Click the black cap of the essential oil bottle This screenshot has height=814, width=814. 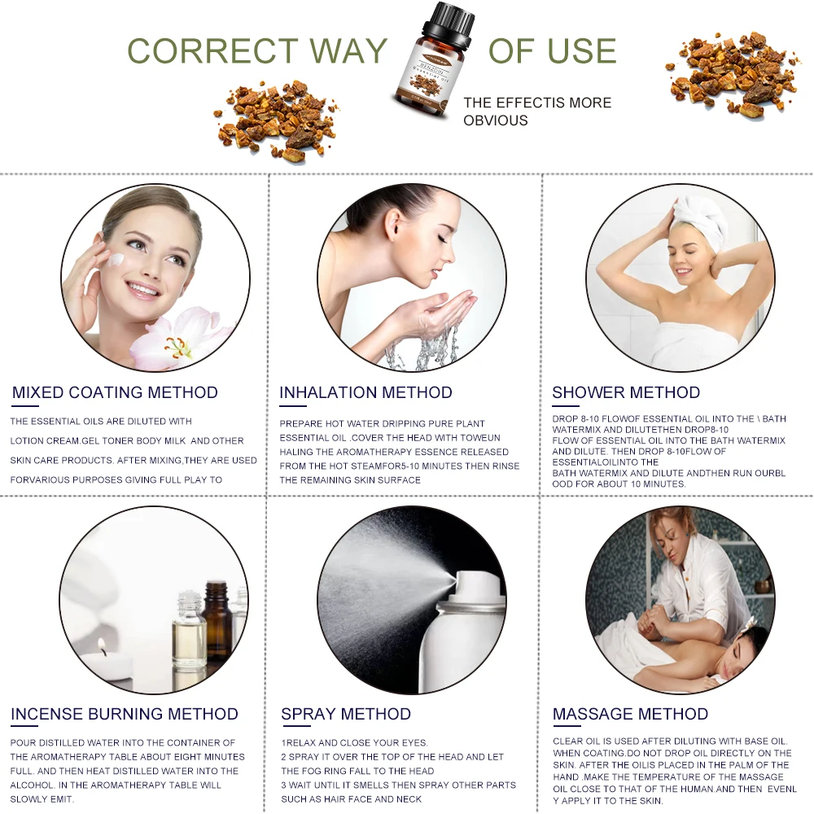[448, 23]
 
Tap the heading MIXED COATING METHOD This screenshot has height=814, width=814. [115, 392]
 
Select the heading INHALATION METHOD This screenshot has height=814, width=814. [365, 392]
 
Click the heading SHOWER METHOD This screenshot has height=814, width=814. [625, 392]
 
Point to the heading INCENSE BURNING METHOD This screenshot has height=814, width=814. [124, 714]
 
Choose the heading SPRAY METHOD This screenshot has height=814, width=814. [346, 714]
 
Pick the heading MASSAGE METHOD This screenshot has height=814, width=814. [630, 714]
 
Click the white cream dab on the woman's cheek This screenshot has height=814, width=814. [117, 259]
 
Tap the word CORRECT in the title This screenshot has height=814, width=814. [212, 50]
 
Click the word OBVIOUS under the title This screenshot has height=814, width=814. [495, 120]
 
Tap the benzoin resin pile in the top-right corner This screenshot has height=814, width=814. [731, 73]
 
